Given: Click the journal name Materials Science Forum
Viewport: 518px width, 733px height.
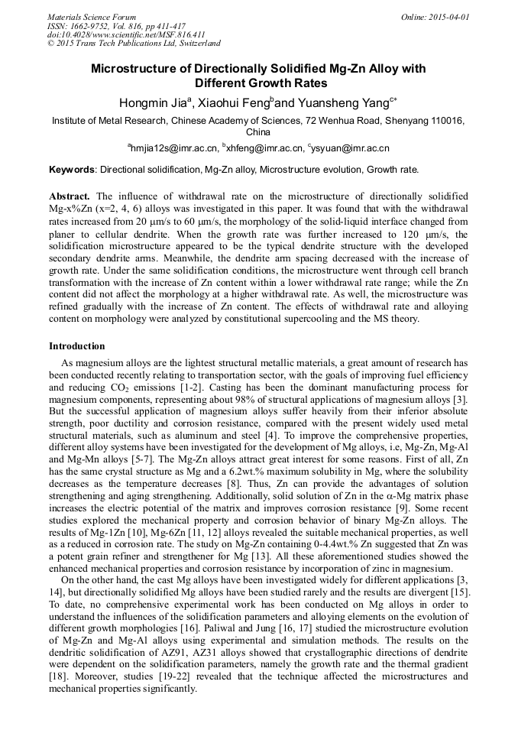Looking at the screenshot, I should click(92, 17).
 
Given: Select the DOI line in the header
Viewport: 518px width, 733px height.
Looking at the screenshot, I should click(126, 34).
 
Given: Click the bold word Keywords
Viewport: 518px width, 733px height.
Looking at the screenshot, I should click(72, 170).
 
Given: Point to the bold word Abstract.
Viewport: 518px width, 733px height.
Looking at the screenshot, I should click(70, 196).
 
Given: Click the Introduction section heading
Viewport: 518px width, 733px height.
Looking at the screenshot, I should click(76, 346).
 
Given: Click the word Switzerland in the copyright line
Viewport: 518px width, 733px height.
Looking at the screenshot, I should click(193, 44).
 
